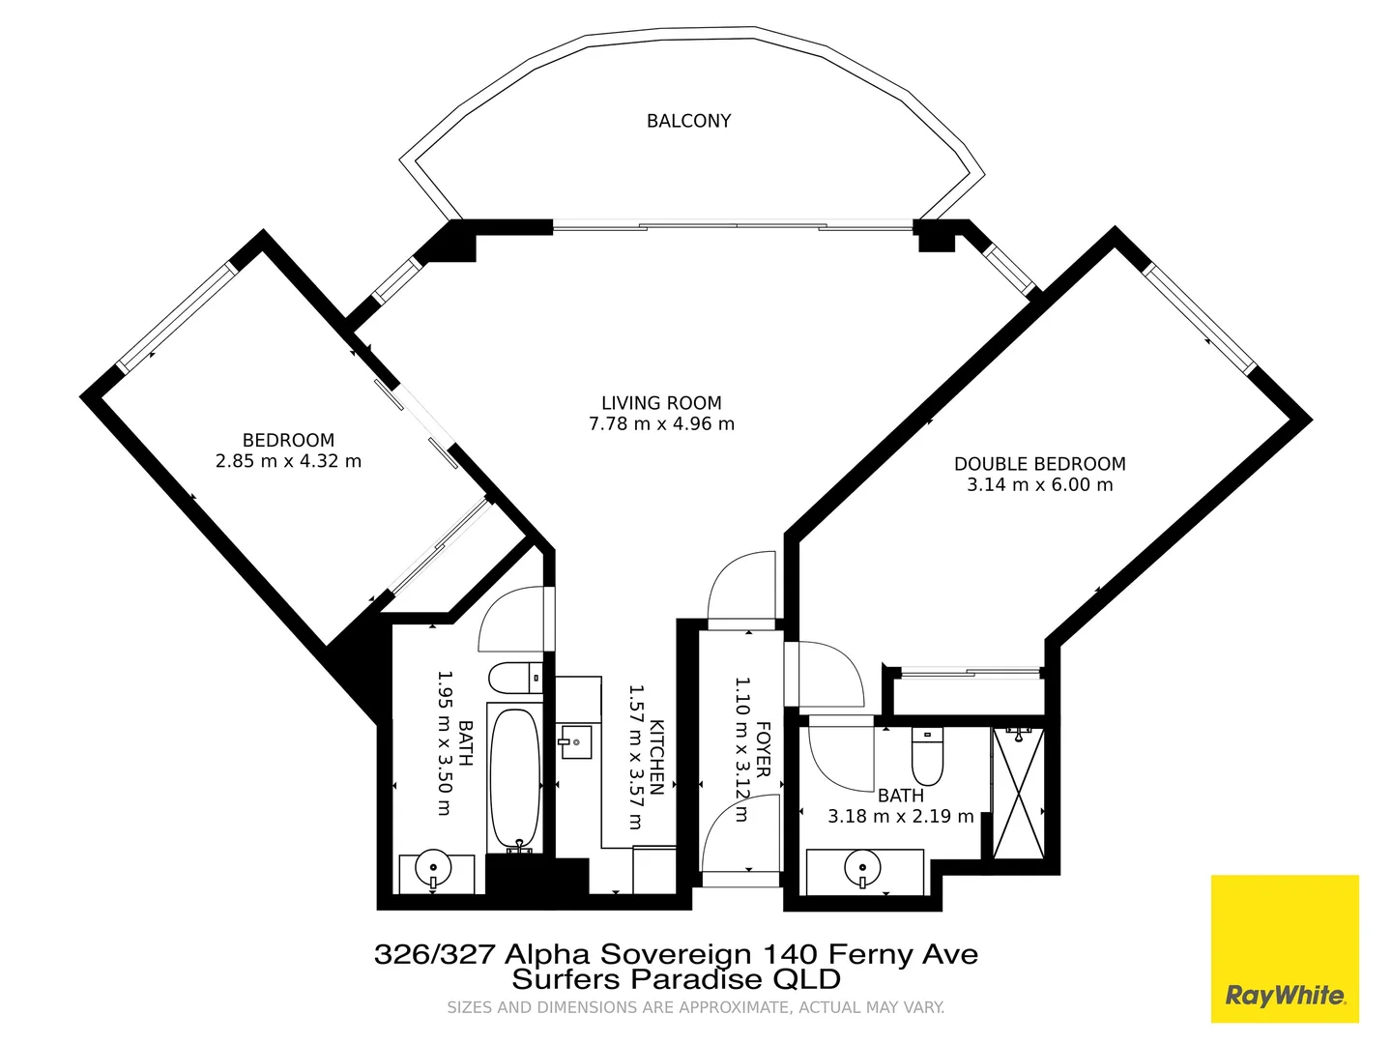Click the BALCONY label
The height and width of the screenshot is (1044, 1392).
[688, 121]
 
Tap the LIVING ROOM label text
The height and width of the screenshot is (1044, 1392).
[661, 403]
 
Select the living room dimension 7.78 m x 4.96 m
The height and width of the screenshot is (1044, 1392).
[661, 424]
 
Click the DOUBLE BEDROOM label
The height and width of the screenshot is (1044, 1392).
[1039, 464]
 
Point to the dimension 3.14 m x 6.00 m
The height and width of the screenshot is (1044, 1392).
[1039, 485]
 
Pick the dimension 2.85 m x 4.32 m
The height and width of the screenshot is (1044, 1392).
[288, 461]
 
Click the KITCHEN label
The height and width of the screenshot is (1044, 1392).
[656, 757]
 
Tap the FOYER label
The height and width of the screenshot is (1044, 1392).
[763, 749]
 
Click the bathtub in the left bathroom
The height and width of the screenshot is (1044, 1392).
[513, 778]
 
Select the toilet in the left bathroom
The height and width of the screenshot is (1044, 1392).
[515, 678]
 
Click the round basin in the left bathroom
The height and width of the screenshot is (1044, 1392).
[432, 867]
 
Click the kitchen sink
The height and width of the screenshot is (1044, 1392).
[576, 742]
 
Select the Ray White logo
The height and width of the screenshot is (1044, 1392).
[1285, 948]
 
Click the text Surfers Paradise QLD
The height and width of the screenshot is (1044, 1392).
[676, 979]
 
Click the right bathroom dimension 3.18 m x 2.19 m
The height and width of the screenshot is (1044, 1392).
[900, 817]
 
